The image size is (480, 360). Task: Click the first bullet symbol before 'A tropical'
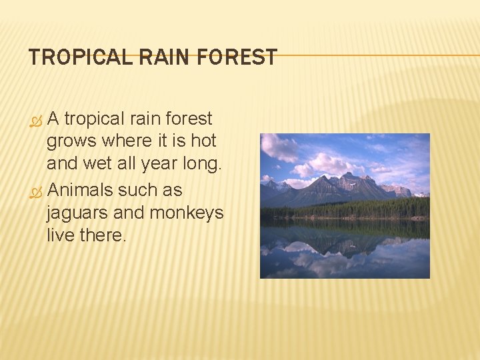pyautogui.click(x=37, y=121)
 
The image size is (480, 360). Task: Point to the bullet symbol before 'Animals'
pyautogui.click(x=37, y=192)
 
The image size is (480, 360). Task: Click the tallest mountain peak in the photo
pyautogui.click(x=348, y=177)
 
